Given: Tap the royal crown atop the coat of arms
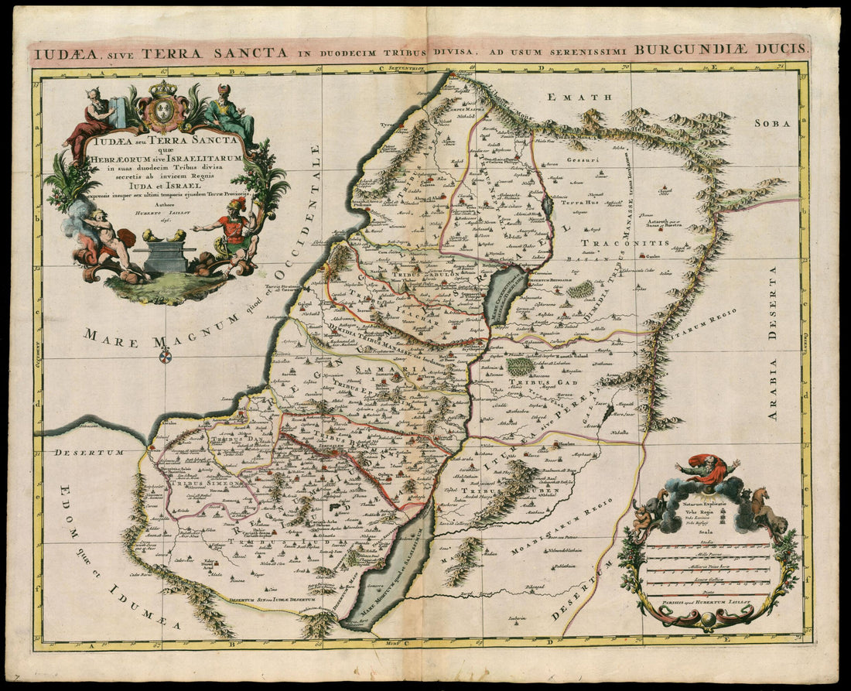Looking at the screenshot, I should [x=162, y=89].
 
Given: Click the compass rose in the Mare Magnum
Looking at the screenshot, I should [x=165, y=356].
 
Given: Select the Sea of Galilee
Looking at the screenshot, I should [x=507, y=294].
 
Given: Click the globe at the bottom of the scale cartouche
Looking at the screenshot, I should [x=708, y=619].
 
